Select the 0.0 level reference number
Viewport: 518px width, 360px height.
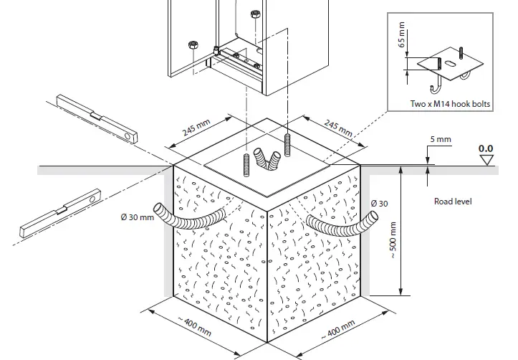pyautogui.click(x=487, y=148)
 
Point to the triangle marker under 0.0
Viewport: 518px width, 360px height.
pyautogui.click(x=487, y=160)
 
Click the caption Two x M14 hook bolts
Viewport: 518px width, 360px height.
pyautogui.click(x=450, y=104)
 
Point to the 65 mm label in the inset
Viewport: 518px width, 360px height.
pyautogui.click(x=402, y=34)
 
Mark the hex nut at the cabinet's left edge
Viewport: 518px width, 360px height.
pyautogui.click(x=192, y=46)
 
